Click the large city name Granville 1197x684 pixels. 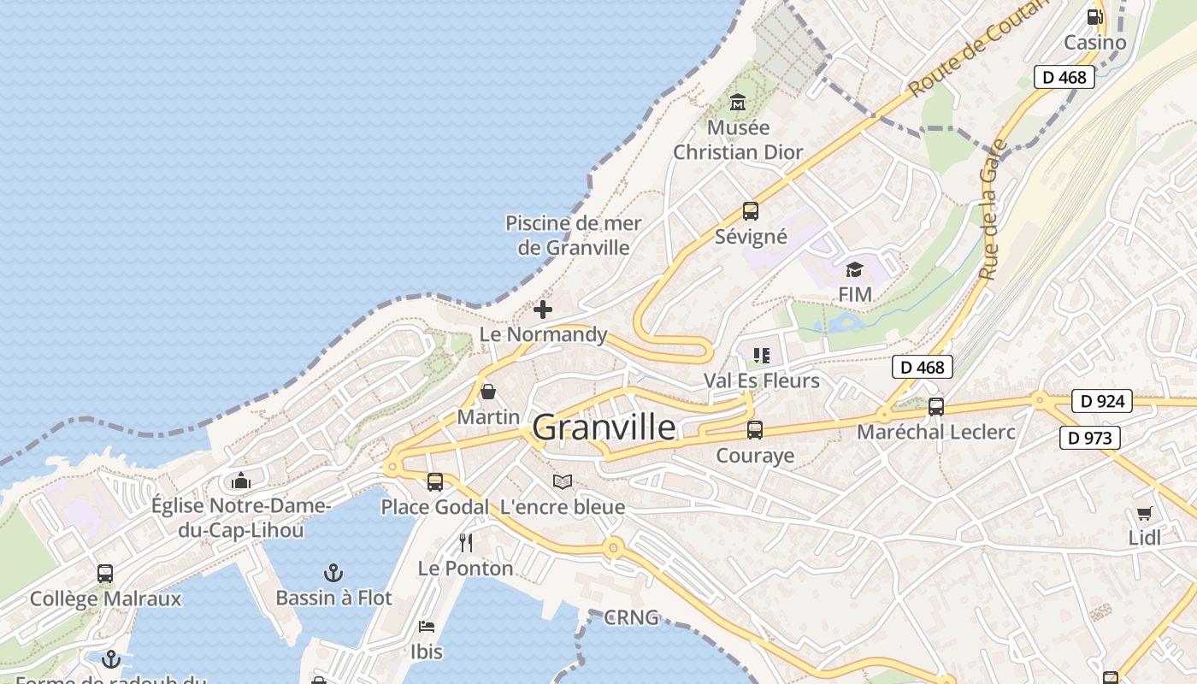pos(604,427)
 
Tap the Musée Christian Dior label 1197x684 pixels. pos(738,140)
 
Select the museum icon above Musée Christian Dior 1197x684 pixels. pos(738,102)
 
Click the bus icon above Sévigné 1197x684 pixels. pos(751,210)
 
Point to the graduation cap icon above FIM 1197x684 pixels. pos(854,270)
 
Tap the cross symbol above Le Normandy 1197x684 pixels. pos(543,310)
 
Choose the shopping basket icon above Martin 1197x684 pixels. pos(488,392)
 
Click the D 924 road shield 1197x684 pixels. pos(1102,401)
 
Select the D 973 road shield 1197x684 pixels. pos(1090,439)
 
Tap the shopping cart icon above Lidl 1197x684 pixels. pos(1144,513)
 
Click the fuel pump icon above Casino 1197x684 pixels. pos(1094,17)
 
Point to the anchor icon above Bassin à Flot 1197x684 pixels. pos(333,573)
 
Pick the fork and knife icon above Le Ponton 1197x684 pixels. pos(466,543)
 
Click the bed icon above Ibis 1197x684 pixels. pos(427,627)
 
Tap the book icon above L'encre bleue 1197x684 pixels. pos(562,482)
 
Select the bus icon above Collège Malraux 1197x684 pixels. pos(105,574)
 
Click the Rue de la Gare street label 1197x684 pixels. pos(992,209)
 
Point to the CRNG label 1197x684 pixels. pos(631,617)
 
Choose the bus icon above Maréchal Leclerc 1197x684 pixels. pos(936,407)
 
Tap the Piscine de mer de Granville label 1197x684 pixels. pos(574,235)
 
